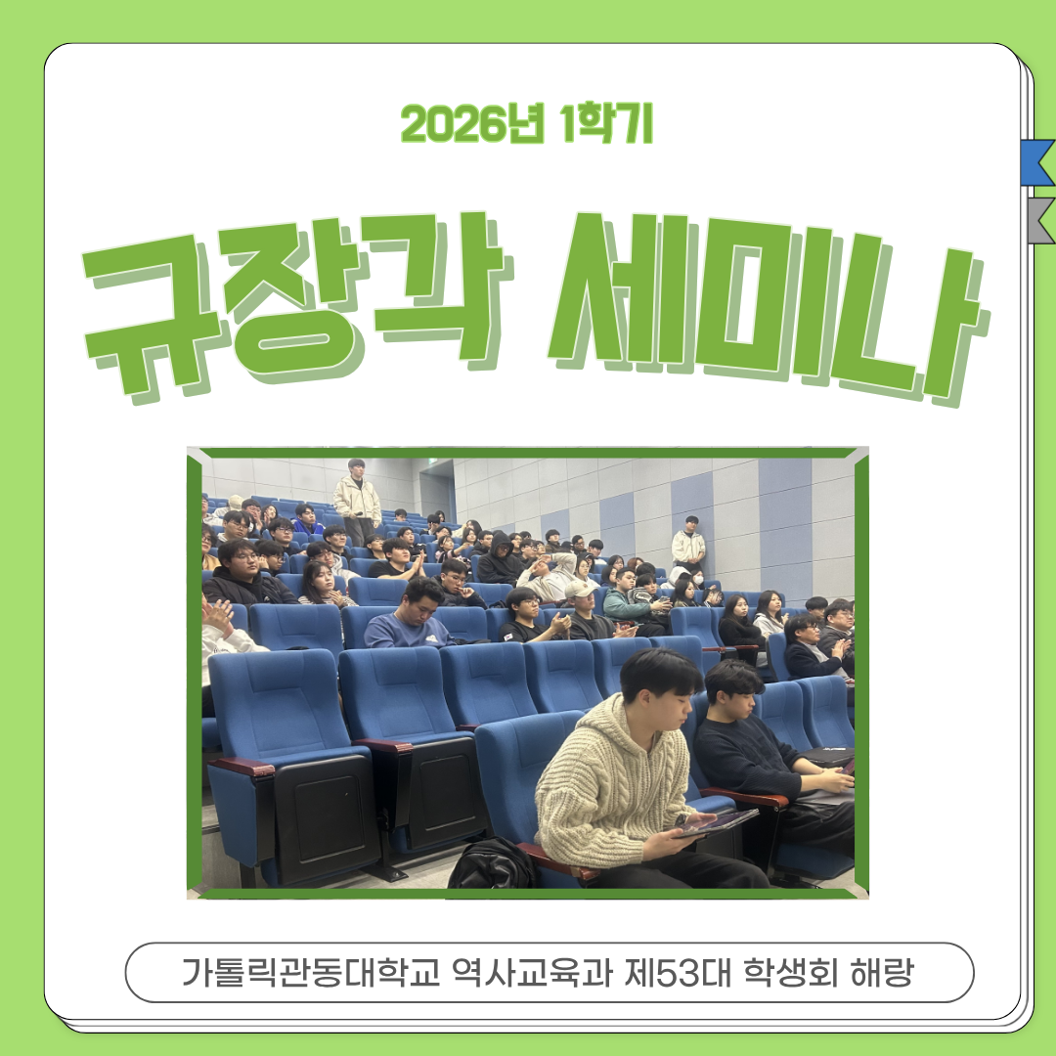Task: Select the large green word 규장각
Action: point(298,298)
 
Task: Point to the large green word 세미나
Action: point(763,298)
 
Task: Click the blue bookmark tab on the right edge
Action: point(1036,162)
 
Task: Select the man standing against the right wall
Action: point(689,544)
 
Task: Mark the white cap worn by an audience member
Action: point(580,589)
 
